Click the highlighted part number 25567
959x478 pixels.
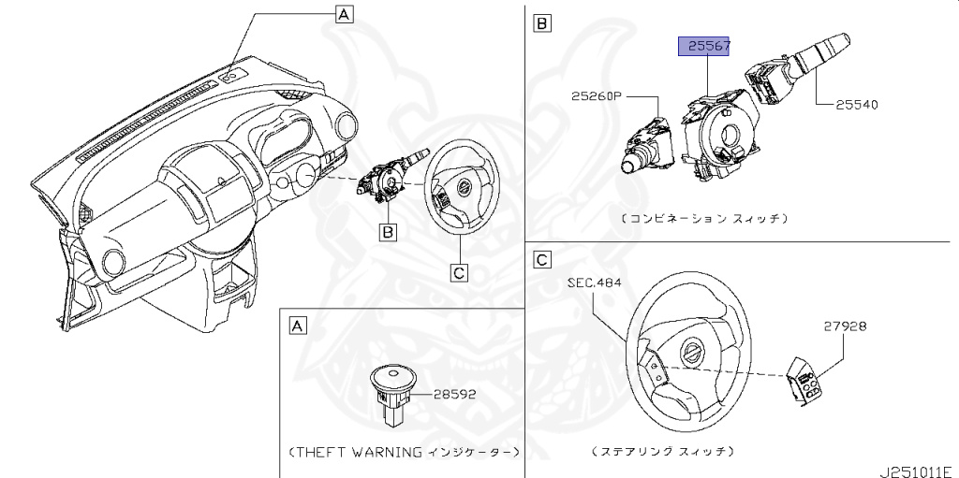pyautogui.click(x=704, y=46)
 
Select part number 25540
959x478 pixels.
pyautogui.click(x=857, y=105)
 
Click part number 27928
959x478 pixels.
pyautogui.click(x=845, y=326)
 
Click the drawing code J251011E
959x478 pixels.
pyautogui.click(x=917, y=467)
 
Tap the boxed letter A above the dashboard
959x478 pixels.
pyautogui.click(x=344, y=13)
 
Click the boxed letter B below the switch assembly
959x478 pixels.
pyautogui.click(x=385, y=229)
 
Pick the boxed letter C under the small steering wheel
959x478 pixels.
pyautogui.click(x=459, y=272)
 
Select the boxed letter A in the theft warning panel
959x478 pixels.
pyautogui.click(x=297, y=326)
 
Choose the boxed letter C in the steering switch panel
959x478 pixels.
pyautogui.click(x=541, y=259)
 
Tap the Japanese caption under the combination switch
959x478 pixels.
pyautogui.click(x=703, y=218)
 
